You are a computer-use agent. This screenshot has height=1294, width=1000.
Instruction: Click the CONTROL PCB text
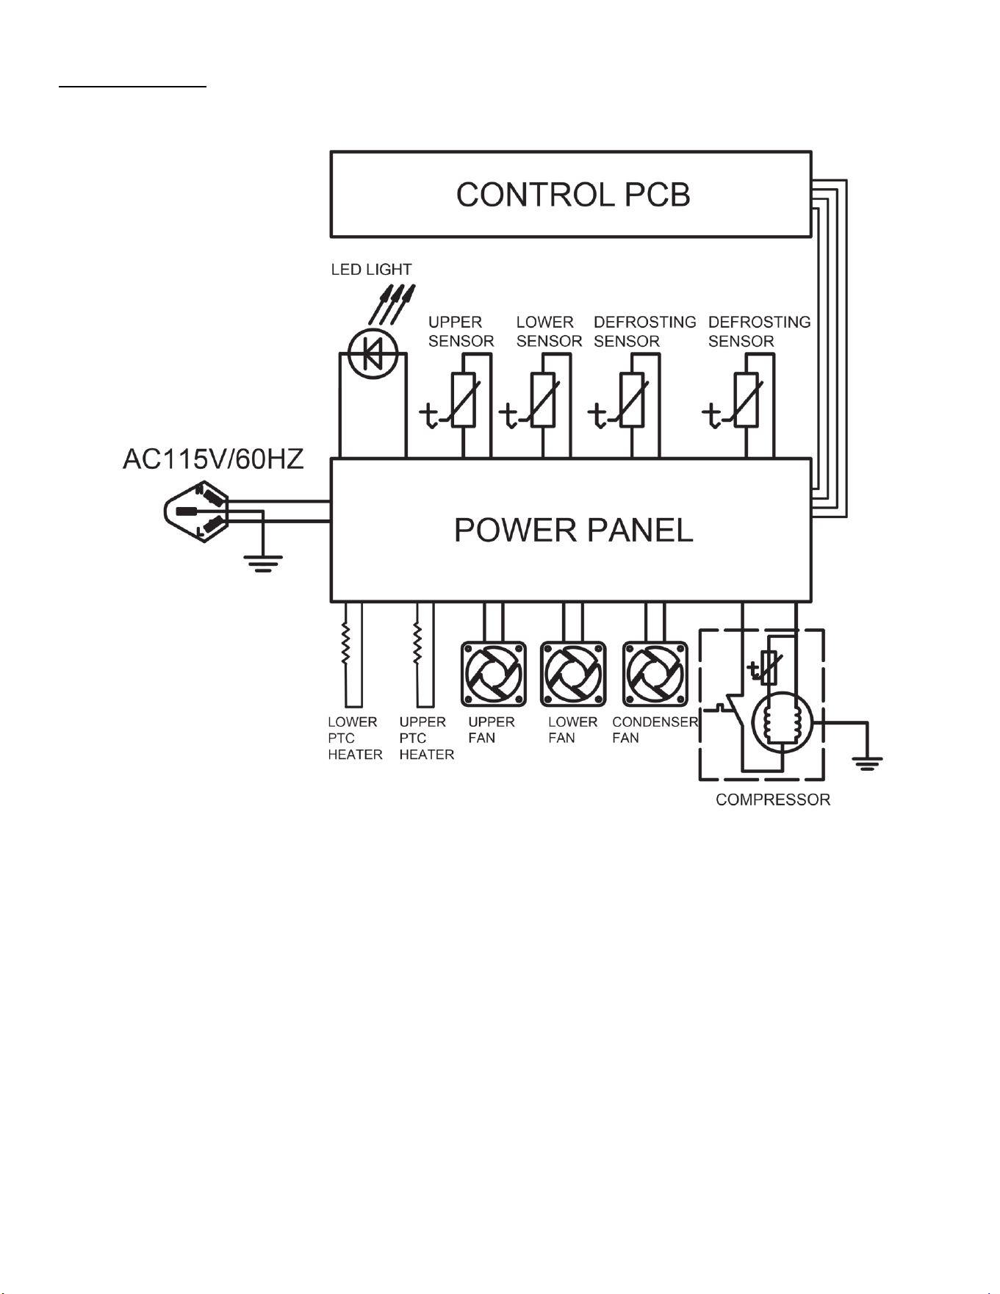(573, 195)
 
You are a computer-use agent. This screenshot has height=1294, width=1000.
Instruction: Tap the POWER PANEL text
(573, 530)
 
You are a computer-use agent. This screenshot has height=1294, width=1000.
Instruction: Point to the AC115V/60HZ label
(213, 459)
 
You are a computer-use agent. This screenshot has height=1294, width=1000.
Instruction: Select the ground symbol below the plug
(262, 564)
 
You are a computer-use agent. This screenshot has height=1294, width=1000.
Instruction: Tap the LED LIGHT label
(371, 270)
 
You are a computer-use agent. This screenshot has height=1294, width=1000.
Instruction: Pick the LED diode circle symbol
(373, 354)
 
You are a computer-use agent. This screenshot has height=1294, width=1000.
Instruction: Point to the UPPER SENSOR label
(461, 331)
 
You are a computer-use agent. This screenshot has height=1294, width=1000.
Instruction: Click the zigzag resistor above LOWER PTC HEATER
(345, 644)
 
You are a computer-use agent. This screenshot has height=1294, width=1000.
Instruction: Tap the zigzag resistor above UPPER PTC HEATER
(417, 644)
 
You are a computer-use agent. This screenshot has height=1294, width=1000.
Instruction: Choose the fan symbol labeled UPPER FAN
(494, 675)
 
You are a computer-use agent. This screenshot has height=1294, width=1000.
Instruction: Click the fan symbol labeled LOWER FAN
(573, 675)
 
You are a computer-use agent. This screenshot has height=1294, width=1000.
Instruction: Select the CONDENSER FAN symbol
(655, 675)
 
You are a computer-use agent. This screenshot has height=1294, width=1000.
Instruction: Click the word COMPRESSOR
(773, 799)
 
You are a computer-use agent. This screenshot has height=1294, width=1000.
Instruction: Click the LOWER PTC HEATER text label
(355, 738)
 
